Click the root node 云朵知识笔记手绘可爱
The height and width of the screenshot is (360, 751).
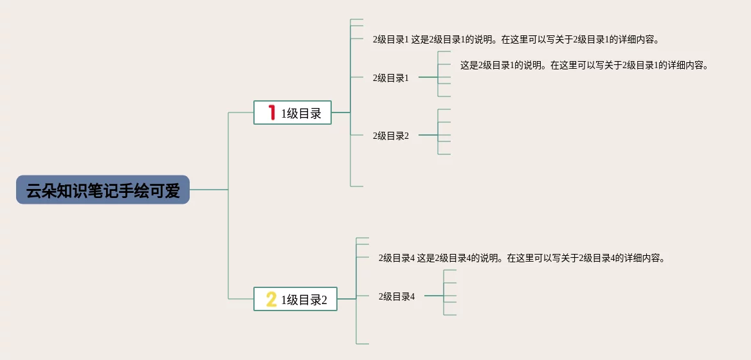click(x=103, y=190)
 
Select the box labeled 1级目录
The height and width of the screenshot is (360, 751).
click(x=293, y=113)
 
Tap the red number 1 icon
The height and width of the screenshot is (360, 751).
click(x=272, y=113)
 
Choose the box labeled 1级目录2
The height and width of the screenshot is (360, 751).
click(x=295, y=299)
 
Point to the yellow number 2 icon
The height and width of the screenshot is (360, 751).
click(x=271, y=299)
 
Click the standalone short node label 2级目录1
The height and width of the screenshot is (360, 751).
click(x=391, y=78)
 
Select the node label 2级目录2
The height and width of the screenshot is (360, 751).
click(x=391, y=136)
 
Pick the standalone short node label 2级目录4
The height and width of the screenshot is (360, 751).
click(x=397, y=296)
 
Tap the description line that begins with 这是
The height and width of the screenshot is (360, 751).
click(x=584, y=65)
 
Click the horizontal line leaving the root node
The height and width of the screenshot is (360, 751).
click(x=209, y=190)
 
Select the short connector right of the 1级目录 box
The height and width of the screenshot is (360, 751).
click(x=341, y=113)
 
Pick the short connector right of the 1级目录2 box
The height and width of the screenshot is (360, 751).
click(x=347, y=299)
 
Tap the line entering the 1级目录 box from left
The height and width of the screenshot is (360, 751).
click(x=241, y=113)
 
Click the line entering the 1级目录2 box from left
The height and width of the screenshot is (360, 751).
click(x=241, y=299)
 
